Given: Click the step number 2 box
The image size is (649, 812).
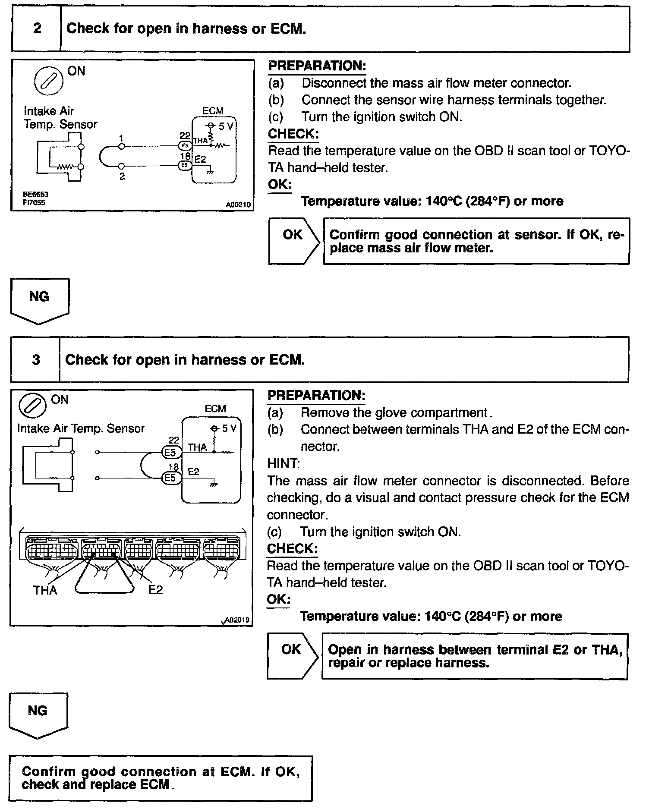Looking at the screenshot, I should [x=37, y=29].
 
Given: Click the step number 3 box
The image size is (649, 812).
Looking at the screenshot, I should [x=36, y=359].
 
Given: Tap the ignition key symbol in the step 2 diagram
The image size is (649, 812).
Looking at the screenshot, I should [x=49, y=80].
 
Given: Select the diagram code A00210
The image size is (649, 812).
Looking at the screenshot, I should [x=238, y=205].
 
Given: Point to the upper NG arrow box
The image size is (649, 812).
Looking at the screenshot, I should [x=39, y=299].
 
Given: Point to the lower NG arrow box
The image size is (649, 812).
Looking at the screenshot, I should [x=38, y=714].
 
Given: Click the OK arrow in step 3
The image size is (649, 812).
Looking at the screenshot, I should [x=292, y=655].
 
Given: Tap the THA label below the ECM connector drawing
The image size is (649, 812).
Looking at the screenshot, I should [x=45, y=590].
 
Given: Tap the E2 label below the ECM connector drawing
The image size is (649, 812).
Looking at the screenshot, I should [x=155, y=590].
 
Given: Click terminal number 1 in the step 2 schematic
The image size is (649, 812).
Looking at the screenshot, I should [x=122, y=138].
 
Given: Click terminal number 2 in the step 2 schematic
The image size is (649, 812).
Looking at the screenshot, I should [x=122, y=176].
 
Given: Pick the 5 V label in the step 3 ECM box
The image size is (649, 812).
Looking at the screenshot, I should [x=229, y=428].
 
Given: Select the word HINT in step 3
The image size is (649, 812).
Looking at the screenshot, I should [x=283, y=463].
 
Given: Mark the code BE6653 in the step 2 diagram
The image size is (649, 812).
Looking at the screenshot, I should [x=35, y=195].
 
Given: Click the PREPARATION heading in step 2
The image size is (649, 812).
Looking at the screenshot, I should [x=317, y=66].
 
